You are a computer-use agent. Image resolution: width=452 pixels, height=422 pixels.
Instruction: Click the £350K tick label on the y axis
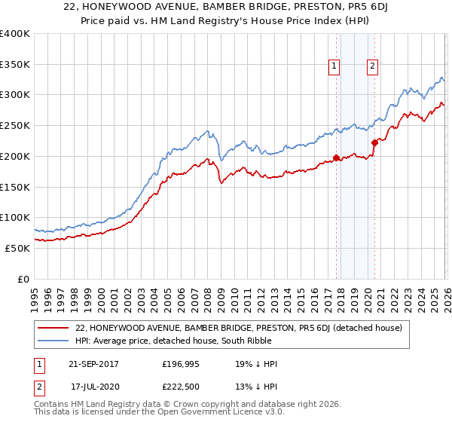tap(15, 65)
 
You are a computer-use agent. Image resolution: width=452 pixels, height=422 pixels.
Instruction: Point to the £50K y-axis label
tap(17, 248)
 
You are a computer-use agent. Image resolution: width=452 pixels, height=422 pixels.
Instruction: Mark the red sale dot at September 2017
tap(336, 158)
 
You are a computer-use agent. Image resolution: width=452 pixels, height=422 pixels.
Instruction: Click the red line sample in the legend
tap(54, 328)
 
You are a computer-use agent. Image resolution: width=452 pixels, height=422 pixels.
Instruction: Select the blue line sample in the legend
tap(54, 341)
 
